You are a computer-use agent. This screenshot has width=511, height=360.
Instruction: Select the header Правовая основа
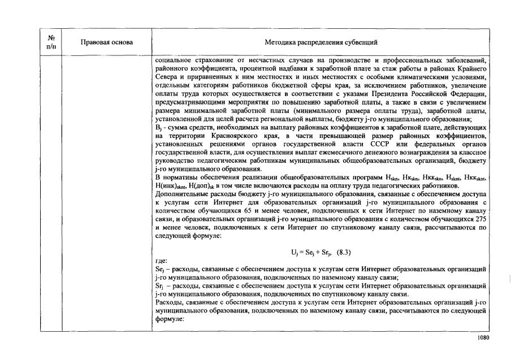(x=107, y=42)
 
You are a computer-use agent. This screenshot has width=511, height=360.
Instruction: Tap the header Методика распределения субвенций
(x=321, y=42)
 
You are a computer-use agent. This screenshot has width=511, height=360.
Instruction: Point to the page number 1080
(x=482, y=338)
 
